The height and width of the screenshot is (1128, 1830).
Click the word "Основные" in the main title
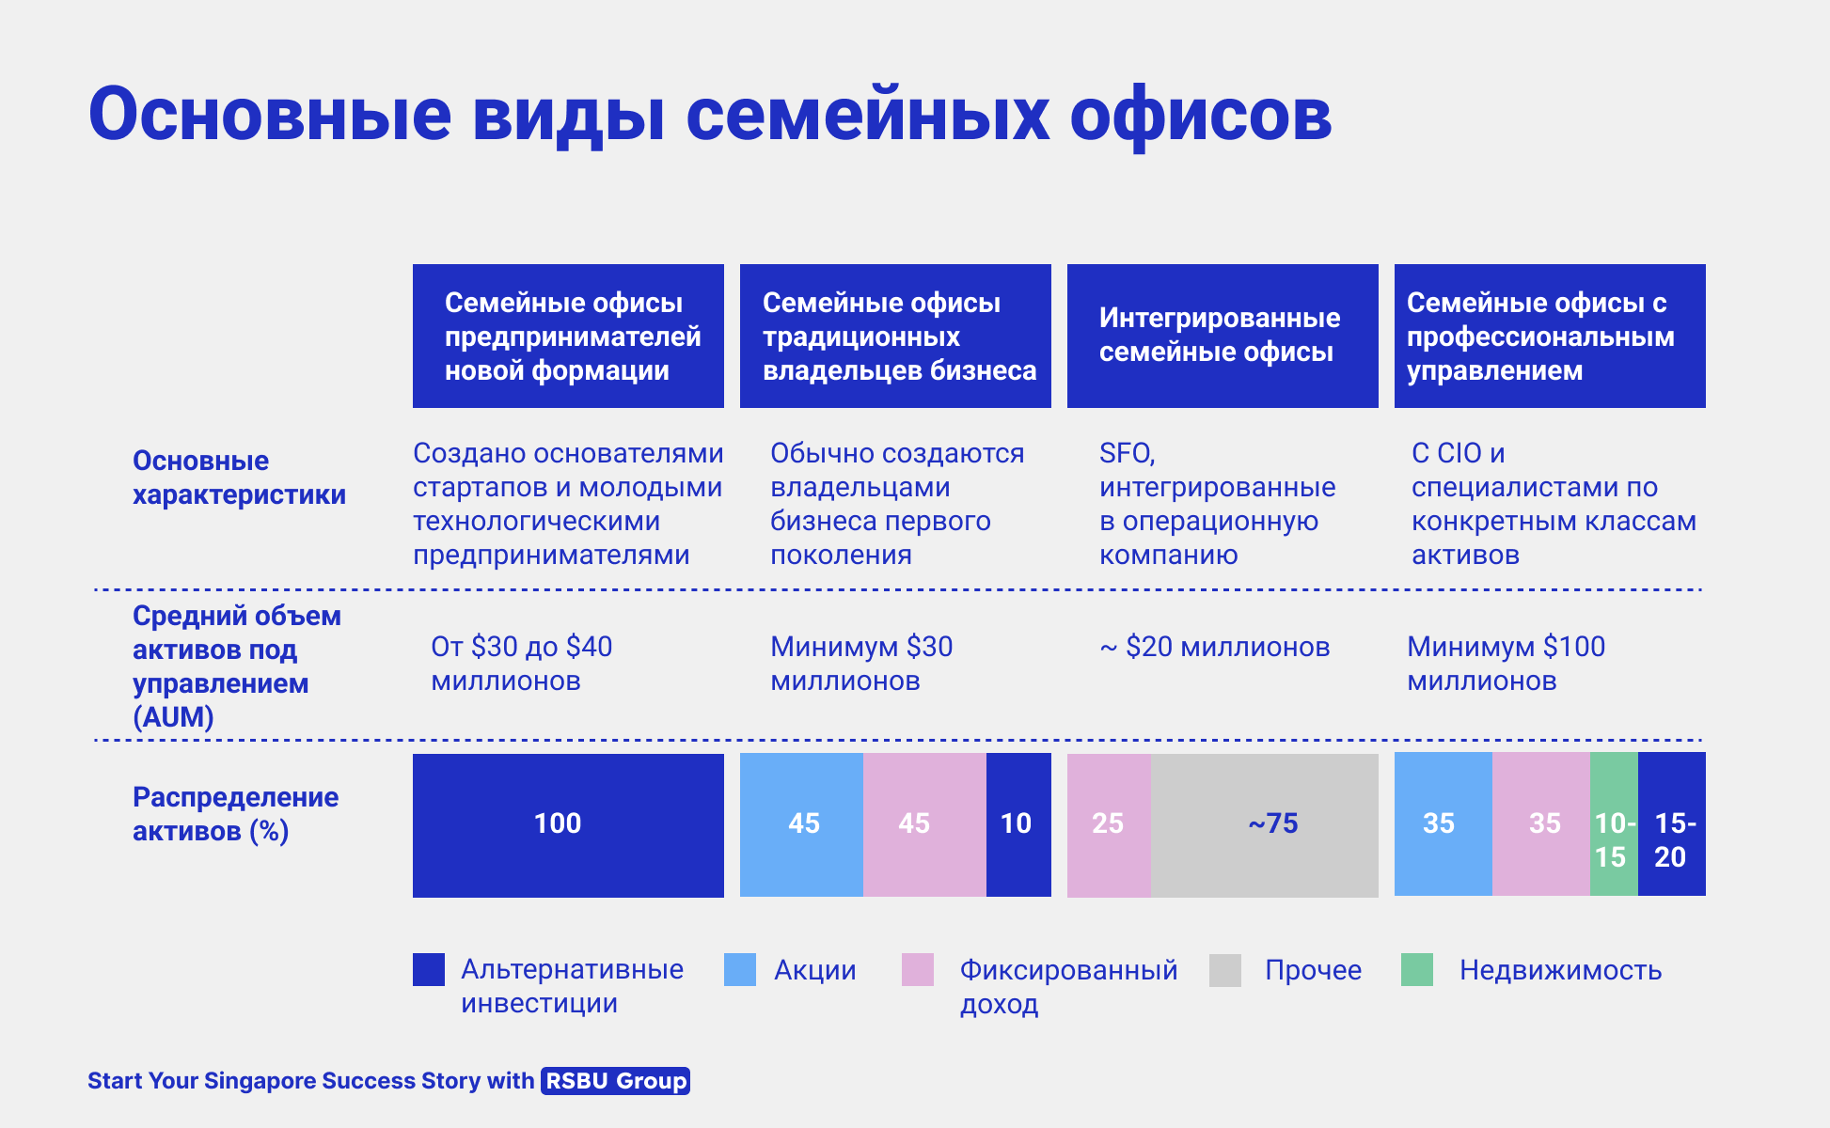point(270,115)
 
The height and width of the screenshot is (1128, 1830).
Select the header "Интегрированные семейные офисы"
point(1223,336)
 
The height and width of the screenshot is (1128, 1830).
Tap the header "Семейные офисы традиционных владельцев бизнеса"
point(895,336)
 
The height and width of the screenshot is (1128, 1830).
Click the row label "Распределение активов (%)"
point(235,814)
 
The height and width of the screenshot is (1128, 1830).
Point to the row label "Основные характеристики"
point(239,478)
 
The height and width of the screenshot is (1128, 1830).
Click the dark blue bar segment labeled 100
point(568,825)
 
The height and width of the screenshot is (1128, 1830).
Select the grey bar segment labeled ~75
point(1265,825)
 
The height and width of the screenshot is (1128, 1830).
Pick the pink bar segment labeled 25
point(1109,825)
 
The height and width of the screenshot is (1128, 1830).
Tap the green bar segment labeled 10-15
point(1614,824)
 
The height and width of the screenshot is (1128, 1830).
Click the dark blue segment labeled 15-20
point(1672,824)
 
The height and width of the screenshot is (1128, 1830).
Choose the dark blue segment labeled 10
point(1018,824)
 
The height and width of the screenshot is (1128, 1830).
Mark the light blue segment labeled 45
point(801,824)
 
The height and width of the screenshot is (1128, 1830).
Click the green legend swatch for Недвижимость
point(1417,970)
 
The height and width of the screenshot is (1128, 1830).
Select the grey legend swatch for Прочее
point(1225,970)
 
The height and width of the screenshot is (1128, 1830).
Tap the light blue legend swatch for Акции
point(740,970)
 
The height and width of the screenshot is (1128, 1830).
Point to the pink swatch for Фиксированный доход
point(918,970)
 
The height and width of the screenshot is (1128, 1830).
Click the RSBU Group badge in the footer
point(616,1081)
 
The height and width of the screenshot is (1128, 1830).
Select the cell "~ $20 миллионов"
point(1214,647)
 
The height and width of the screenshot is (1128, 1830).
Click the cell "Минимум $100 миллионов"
point(1506,664)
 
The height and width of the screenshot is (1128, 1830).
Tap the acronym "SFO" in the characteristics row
point(1126,453)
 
